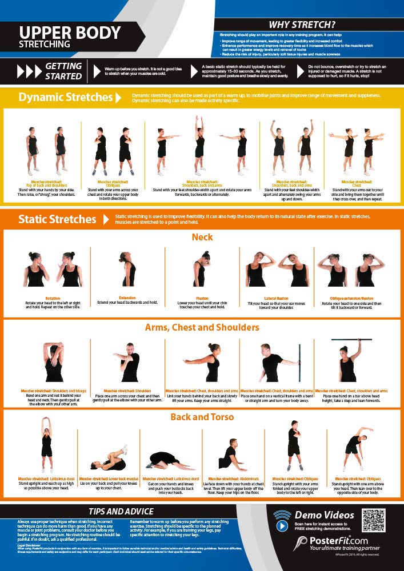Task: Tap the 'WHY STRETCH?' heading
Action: coord(302,25)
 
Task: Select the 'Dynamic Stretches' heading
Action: coord(65,97)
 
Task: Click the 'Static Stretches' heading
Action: coord(57,219)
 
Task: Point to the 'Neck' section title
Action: coord(202,237)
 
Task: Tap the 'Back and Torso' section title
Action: coord(202,417)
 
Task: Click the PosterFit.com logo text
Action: coord(335,540)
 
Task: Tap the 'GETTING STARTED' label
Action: coord(63,71)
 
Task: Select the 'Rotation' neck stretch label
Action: coord(53,297)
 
